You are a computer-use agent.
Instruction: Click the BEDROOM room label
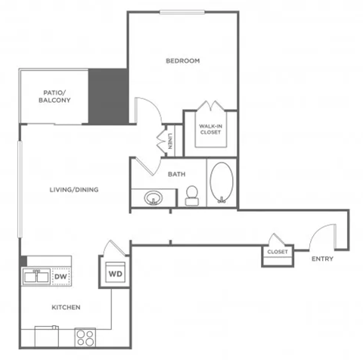pos(182,61)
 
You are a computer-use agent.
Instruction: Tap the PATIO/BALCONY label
pos(56,96)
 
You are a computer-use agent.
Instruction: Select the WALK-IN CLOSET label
pos(210,129)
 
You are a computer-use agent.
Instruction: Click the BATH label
pos(176,174)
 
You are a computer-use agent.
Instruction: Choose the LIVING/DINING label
pos(74,190)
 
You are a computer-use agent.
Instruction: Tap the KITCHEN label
pos(66,308)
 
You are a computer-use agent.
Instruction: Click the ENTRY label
pos(323,259)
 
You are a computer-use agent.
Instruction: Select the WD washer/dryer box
pos(116,272)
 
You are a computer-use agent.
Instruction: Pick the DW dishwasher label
pos(60,278)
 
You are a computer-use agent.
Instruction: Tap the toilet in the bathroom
pos(192,196)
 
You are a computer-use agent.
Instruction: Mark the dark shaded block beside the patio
pos(107,95)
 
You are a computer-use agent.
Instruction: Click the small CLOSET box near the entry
pos(277,253)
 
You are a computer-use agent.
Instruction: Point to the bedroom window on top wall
pos(182,11)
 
